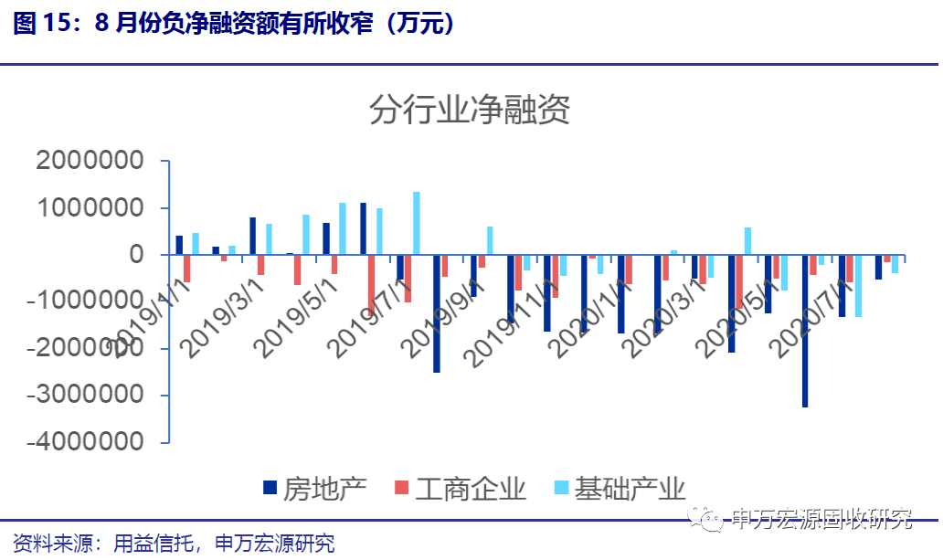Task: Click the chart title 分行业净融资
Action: (470, 111)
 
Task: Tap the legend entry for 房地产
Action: (314, 488)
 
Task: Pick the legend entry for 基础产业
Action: (618, 488)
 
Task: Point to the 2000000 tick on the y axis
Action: (90, 162)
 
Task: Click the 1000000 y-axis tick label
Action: (90, 208)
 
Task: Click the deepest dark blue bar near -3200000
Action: (805, 331)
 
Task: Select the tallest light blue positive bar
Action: (417, 223)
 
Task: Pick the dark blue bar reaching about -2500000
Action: (437, 313)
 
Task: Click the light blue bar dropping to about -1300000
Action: (858, 286)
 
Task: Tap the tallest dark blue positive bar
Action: (363, 228)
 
